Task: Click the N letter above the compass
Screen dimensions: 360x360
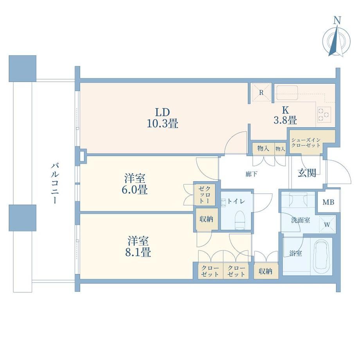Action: tap(337, 20)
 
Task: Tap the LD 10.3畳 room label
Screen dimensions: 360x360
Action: tap(162, 118)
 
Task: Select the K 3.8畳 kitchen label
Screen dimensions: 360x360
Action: tap(285, 115)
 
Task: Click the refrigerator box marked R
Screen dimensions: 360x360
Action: tap(261, 92)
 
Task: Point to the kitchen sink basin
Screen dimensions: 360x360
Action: tap(287, 92)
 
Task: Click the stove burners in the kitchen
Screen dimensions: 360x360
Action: tap(324, 114)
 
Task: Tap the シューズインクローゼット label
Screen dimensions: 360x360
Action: tap(306, 142)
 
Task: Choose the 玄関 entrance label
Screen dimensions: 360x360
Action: tap(307, 173)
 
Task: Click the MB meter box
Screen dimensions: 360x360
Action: tap(328, 202)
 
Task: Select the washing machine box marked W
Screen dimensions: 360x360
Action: tap(327, 224)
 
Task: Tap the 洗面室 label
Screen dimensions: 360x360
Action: tap(300, 220)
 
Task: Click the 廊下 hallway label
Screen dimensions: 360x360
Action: tap(251, 174)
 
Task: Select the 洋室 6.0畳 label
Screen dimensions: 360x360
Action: tap(135, 184)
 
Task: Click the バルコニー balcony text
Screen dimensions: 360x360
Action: tap(55, 183)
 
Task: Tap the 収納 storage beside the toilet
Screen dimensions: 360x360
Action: tap(206, 219)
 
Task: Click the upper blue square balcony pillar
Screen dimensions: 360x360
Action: tap(23, 68)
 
